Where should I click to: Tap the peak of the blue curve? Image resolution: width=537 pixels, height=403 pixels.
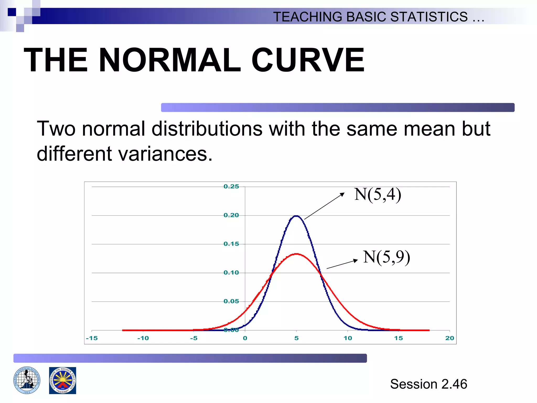[296, 216]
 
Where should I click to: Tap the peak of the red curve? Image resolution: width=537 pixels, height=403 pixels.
[296, 254]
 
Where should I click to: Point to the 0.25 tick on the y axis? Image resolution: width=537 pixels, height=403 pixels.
[231, 187]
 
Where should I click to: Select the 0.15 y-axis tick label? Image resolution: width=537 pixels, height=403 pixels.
[231, 244]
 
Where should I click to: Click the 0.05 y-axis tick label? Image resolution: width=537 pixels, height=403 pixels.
[231, 301]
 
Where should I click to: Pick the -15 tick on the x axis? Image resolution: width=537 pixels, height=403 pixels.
[92, 338]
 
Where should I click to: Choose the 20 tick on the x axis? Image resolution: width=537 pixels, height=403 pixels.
[449, 338]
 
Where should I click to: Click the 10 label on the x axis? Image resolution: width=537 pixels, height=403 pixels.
[348, 338]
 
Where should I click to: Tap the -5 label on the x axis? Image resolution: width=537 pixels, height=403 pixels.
[194, 338]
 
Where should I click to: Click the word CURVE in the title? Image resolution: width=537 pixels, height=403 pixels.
[308, 60]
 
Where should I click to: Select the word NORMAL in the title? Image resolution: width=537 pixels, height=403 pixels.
[170, 60]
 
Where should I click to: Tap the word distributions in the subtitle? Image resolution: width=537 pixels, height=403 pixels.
[207, 129]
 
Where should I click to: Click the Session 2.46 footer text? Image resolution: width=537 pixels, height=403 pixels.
[428, 384]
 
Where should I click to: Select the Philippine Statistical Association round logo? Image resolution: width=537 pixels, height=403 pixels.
[27, 380]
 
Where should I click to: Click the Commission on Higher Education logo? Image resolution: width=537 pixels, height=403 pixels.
[62, 380]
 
